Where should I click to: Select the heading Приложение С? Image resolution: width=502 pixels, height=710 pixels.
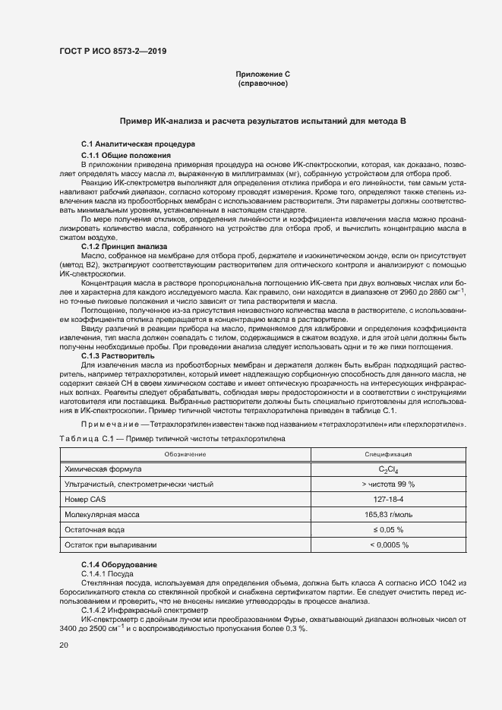tap(263, 74)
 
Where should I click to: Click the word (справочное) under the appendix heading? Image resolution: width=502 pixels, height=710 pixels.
tap(263, 83)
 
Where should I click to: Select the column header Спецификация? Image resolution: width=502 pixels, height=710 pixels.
tap(388, 454)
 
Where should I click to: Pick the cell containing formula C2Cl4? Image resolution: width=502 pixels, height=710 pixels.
tap(388, 470)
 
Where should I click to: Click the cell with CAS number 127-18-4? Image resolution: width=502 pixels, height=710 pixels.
tap(388, 499)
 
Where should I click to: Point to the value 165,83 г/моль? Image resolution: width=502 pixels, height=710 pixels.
tap(388, 514)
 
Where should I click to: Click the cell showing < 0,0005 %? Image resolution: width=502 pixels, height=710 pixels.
tap(388, 544)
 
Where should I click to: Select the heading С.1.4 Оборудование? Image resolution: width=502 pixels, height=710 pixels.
tap(119, 566)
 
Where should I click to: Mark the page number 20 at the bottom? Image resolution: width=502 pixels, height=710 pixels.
tap(63, 645)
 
